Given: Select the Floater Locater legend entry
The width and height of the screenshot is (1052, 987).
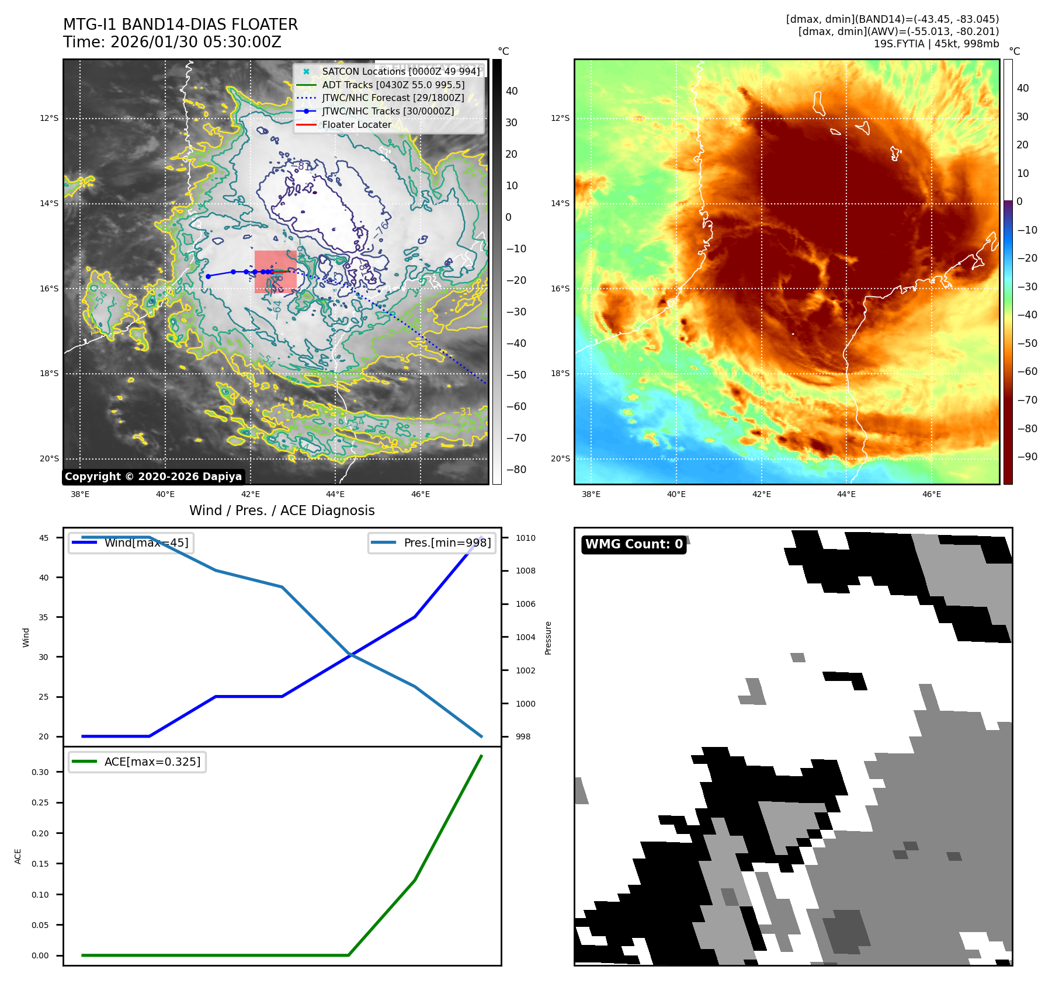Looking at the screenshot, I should tap(356, 124).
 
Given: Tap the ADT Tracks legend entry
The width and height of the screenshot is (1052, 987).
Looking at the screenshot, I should tap(393, 85).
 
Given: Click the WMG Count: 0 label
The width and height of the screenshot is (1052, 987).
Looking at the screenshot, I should tap(634, 544).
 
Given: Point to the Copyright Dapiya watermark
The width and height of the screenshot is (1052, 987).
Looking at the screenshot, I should tap(153, 477).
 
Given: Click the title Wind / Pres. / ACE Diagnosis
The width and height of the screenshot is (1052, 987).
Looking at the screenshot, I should tap(282, 510).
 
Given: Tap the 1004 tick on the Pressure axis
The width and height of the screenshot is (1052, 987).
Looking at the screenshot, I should tap(525, 637).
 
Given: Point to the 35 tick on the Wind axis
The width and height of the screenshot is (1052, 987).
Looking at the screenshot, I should tap(44, 617).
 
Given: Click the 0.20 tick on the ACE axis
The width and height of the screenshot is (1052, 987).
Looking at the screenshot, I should tap(40, 833).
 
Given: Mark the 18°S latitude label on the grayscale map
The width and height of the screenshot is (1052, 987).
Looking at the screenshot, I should tap(49, 373).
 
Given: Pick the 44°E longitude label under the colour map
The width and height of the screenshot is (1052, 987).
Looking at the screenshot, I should tap(846, 494).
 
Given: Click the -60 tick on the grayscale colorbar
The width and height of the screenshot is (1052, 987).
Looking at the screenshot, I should tap(516, 406).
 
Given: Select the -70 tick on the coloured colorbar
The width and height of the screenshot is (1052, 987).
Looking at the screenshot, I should tap(1027, 400).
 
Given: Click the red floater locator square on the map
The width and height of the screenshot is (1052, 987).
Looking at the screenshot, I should tap(276, 272).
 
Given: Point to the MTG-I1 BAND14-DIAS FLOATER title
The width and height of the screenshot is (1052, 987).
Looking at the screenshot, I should tap(180, 25).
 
